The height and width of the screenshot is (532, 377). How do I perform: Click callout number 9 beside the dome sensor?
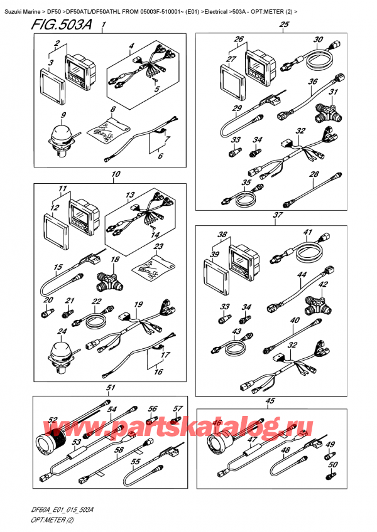[63, 115]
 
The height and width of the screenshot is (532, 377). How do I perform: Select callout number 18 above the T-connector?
[115, 260]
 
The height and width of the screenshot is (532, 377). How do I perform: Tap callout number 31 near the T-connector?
[334, 92]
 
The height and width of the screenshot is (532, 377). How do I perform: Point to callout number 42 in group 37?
[322, 284]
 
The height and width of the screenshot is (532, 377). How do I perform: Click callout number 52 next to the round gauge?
[52, 420]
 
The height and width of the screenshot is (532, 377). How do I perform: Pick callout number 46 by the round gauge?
[217, 423]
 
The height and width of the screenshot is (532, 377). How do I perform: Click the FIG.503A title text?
[61, 24]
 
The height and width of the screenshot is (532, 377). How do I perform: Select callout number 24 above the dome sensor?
[62, 331]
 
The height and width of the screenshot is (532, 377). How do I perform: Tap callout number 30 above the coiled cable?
[318, 40]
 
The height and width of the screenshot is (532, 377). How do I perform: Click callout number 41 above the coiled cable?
[307, 232]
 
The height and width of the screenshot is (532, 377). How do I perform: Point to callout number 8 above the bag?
[113, 109]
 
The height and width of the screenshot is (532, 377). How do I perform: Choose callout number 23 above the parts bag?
[158, 247]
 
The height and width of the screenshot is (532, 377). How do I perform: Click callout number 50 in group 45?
[333, 464]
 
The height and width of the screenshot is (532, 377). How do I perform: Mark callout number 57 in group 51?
[178, 409]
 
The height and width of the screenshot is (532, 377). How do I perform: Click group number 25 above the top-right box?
[284, 24]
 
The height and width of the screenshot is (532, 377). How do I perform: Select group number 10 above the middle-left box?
[116, 174]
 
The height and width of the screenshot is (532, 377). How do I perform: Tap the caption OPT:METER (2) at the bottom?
[48, 521]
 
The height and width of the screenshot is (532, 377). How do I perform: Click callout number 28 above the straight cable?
[314, 174]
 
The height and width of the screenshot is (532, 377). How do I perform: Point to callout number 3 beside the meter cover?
[50, 63]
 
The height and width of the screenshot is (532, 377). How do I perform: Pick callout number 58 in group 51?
[118, 450]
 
